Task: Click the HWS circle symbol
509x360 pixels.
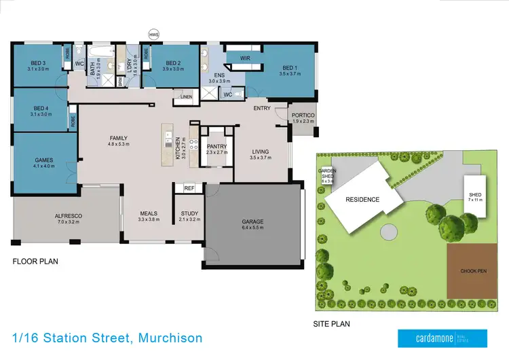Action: [154, 33]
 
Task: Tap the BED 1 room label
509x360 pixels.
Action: [289, 68]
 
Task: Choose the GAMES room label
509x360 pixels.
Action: [44, 161]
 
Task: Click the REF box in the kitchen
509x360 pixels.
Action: [189, 188]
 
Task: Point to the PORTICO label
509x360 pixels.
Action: [301, 115]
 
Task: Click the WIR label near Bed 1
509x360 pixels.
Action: [244, 58]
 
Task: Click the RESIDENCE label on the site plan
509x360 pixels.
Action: [362, 200]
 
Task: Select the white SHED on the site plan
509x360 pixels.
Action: [474, 196]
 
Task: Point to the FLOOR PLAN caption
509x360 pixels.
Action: [35, 261]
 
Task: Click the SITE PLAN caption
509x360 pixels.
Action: [331, 324]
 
